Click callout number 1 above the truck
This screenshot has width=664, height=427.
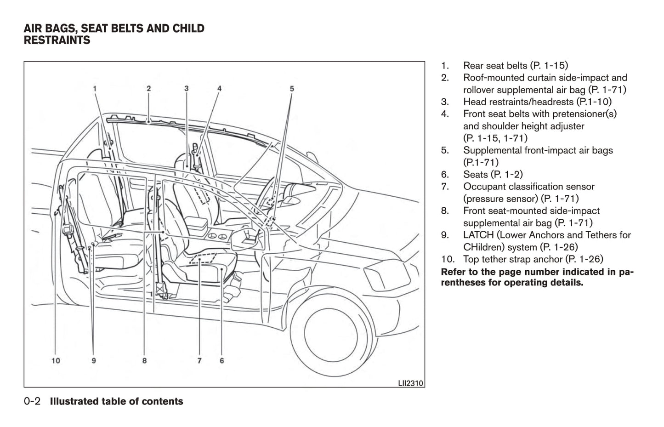[94, 88]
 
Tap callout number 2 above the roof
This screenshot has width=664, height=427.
[149, 88]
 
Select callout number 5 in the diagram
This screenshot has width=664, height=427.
[291, 88]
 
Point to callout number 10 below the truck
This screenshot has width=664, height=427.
[56, 361]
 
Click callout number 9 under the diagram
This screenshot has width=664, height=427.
[94, 361]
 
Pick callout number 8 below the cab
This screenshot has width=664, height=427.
[144, 361]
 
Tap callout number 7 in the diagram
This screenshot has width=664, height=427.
[199, 361]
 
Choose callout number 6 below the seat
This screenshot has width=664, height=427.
[222, 361]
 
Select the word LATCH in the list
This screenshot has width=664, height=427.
[478, 235]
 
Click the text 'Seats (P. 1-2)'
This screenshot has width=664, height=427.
[493, 174]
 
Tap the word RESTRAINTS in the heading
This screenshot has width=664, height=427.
[57, 40]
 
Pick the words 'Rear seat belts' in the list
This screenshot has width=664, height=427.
[495, 66]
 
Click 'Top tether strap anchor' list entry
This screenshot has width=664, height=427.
[513, 259]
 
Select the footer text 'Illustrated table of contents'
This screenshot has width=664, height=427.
[116, 401]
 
